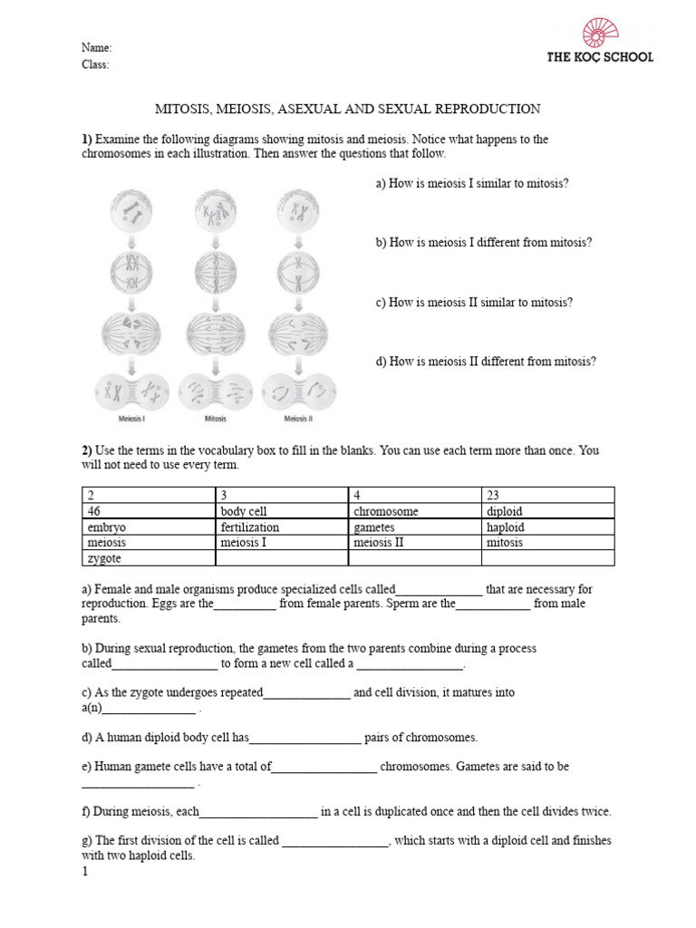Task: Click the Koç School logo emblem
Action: [599, 32]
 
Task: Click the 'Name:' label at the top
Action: [97, 48]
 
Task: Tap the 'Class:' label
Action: [96, 64]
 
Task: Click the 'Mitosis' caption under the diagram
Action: [215, 419]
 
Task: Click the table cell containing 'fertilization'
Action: [282, 527]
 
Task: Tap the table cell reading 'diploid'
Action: [547, 511]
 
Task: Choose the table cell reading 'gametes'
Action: [414, 527]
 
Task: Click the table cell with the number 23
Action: [547, 495]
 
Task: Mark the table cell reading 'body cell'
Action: [282, 511]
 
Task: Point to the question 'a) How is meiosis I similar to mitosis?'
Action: [472, 183]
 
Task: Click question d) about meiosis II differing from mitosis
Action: [486, 362]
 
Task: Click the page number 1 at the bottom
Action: [85, 872]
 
